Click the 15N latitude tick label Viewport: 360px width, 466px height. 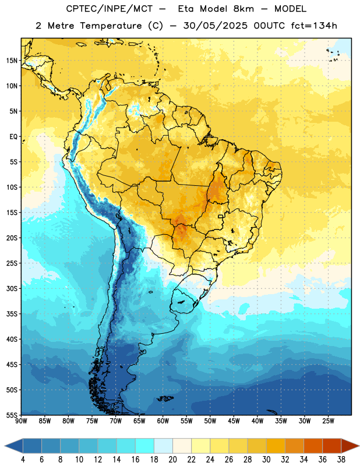click(12, 61)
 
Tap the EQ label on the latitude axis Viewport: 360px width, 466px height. click(13, 137)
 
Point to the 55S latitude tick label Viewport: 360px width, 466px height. click(12, 415)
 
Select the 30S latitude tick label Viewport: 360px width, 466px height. click(12, 288)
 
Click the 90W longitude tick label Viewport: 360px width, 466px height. click(21, 421)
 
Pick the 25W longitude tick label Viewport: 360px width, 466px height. click(328, 421)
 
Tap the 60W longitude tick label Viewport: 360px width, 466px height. click(163, 421)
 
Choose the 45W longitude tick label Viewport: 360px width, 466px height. click(234, 421)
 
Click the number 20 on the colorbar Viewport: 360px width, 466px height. click(172, 460)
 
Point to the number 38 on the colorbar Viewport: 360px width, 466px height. click(341, 460)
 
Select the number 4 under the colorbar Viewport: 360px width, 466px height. click(23, 460)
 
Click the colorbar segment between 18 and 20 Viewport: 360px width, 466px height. click(163, 446)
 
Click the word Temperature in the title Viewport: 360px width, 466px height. click(111, 26)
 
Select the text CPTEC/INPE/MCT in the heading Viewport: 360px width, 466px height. click(110, 9)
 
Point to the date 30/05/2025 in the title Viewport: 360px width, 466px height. click(215, 26)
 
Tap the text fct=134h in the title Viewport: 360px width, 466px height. click(314, 26)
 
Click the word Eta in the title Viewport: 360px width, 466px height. click(186, 9)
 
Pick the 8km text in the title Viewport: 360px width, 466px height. click(243, 9)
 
